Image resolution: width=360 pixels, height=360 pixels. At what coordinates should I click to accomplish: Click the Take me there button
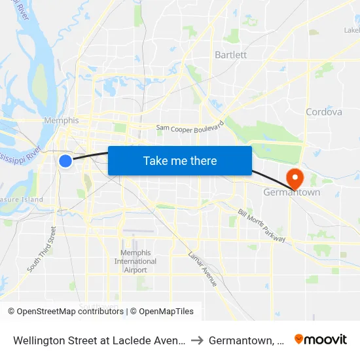[179, 160]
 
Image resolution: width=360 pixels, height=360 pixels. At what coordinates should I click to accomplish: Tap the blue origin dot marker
[65, 160]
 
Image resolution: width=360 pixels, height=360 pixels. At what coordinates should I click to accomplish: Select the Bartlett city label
[230, 55]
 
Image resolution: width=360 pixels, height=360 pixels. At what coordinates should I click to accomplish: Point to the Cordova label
[323, 112]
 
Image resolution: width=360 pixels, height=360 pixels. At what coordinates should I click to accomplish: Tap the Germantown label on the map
[291, 193]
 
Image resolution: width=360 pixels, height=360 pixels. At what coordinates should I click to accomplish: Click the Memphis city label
[61, 120]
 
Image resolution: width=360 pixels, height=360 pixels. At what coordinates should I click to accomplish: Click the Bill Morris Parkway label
[262, 226]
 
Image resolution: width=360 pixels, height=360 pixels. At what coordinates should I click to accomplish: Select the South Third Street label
[41, 249]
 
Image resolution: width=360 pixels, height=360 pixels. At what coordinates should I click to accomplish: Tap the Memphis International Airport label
[135, 261]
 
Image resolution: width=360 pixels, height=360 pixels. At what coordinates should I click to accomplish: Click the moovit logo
[320, 339]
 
